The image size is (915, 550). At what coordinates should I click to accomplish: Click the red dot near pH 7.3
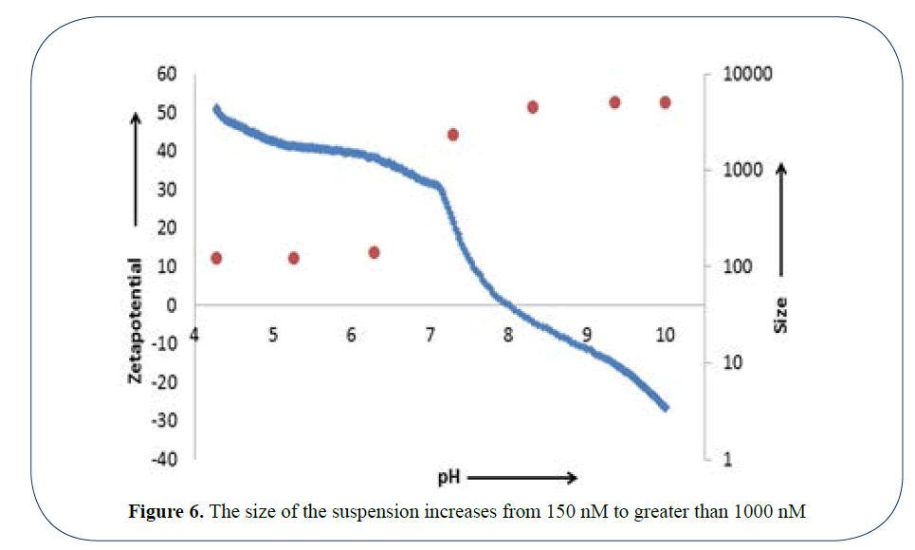click(x=453, y=135)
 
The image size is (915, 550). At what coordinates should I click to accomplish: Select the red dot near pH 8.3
click(x=533, y=107)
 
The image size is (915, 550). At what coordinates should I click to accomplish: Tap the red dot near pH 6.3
click(x=374, y=252)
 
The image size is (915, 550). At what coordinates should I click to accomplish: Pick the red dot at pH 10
click(x=666, y=102)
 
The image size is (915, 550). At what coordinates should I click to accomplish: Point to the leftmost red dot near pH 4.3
click(x=216, y=258)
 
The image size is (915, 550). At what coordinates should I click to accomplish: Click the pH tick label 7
click(x=430, y=334)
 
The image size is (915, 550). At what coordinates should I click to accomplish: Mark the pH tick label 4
click(x=195, y=334)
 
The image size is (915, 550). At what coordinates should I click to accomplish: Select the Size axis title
click(x=781, y=315)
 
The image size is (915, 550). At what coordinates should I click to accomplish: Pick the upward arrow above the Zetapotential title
click(x=136, y=171)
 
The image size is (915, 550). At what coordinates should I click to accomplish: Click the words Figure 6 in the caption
click(x=165, y=513)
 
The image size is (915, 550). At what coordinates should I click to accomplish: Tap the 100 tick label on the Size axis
click(x=737, y=266)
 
